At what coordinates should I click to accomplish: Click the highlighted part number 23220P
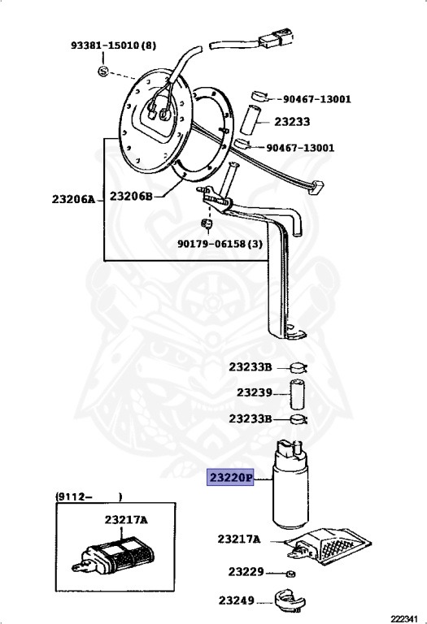tap(230, 477)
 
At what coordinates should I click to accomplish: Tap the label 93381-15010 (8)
tap(114, 45)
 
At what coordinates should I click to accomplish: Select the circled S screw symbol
tap(103, 71)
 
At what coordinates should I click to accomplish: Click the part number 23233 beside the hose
tap(292, 121)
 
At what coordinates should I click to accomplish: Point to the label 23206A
tap(74, 199)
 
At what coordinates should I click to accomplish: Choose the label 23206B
tap(132, 196)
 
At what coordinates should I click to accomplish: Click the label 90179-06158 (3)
tap(220, 243)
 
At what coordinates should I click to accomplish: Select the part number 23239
tap(255, 392)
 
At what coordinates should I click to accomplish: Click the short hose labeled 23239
tap(296, 394)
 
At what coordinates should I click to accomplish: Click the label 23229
tap(246, 572)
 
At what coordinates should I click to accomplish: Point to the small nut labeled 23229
tap(291, 574)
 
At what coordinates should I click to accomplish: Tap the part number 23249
tap(236, 600)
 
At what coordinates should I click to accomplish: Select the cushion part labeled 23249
tap(290, 601)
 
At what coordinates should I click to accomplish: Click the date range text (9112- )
tap(89, 496)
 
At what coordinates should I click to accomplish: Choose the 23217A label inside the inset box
tap(126, 520)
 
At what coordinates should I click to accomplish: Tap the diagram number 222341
tap(404, 619)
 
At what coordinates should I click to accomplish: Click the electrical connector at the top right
tap(277, 40)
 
